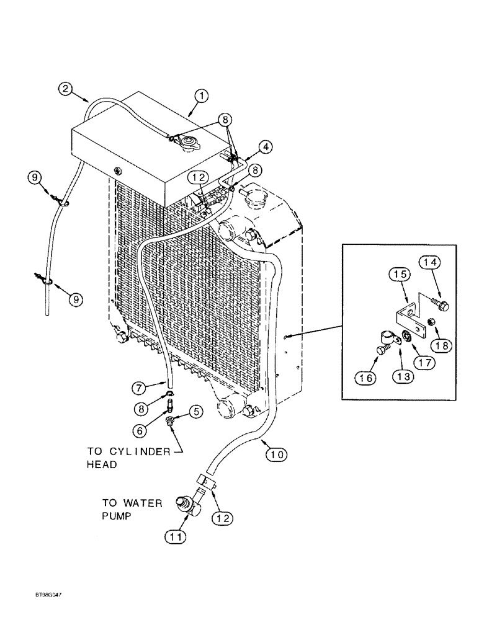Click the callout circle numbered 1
click(201, 96)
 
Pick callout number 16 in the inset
click(365, 375)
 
